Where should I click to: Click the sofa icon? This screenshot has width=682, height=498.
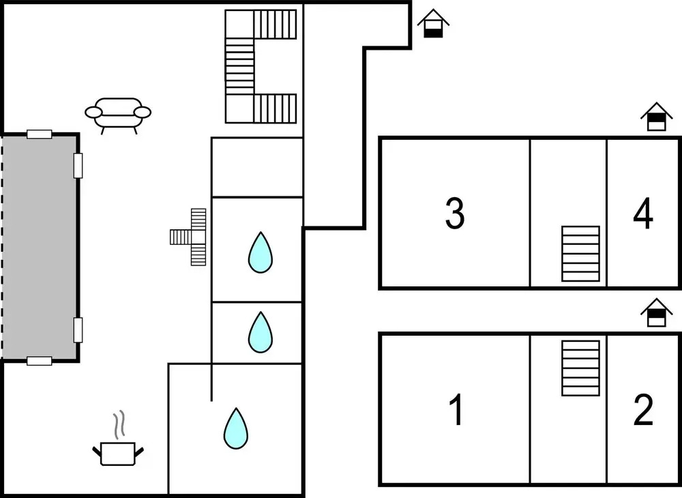(118, 113)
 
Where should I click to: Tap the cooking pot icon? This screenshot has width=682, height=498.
(119, 452)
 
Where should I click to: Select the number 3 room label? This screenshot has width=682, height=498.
(455, 213)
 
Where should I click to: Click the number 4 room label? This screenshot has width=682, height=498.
(643, 213)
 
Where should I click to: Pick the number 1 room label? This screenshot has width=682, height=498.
(456, 410)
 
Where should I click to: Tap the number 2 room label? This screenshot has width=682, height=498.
(643, 410)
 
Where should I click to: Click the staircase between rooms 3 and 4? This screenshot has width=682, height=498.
(580, 254)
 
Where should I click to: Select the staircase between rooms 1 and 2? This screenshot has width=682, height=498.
(580, 368)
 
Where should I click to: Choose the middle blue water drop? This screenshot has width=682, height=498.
(260, 332)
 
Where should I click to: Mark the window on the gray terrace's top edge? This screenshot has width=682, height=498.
(39, 134)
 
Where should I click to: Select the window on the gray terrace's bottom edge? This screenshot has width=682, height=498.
(39, 361)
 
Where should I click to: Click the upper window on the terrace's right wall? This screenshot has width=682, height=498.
(78, 165)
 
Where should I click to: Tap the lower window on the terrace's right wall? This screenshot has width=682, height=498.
(78, 329)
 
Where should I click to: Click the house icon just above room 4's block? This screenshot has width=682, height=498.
(656, 117)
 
